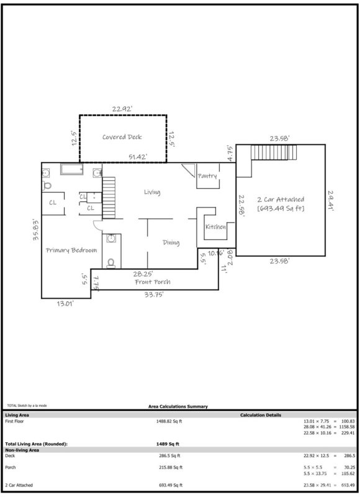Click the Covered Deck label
(122, 137)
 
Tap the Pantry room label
(207, 176)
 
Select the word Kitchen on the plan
(215, 227)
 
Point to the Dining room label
(171, 243)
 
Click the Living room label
(152, 193)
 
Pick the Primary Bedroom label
(71, 250)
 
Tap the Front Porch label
(153, 282)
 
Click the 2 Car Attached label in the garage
(281, 204)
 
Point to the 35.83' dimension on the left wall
(37, 229)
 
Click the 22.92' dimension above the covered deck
(122, 109)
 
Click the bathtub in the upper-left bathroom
(73, 170)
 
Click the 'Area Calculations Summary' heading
(178, 406)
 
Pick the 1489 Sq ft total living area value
(168, 444)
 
